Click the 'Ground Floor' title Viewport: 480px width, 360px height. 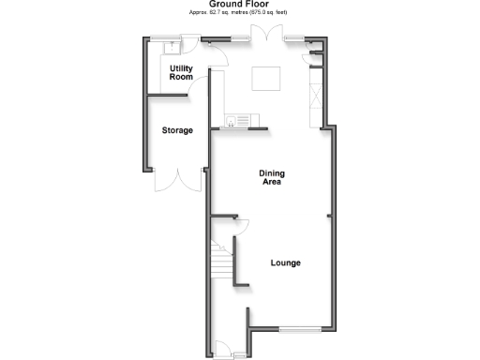coord(239,5)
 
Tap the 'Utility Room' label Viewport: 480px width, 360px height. coord(181,74)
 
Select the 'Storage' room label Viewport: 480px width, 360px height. coord(176,130)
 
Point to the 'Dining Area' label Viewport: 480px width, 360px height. coord(272,177)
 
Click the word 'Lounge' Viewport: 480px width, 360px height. coord(286,262)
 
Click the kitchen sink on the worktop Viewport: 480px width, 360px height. coord(236,119)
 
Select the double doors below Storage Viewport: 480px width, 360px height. coord(178,181)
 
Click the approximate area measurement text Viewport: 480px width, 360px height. coord(239,14)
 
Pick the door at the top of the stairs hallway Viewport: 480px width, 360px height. coord(239,226)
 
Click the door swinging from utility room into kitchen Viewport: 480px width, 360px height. coord(217,55)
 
